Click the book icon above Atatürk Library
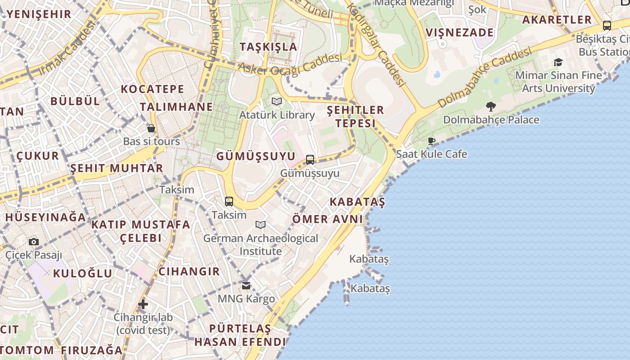[276, 102]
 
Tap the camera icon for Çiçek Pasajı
[34, 242]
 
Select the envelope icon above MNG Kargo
[246, 286]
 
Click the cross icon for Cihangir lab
[143, 304]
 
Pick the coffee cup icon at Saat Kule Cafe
[431, 141]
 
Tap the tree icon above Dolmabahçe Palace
[491, 107]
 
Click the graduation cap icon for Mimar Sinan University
[558, 63]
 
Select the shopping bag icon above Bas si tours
[151, 129]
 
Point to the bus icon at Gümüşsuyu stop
[310, 160]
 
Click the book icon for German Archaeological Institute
[260, 225]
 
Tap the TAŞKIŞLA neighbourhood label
[268, 47]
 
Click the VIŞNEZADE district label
[460, 33]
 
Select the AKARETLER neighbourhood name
[557, 20]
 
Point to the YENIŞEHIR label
[40, 14]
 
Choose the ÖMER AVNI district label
[328, 219]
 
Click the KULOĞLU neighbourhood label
[83, 274]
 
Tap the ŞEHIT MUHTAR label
[117, 169]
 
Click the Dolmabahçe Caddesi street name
[484, 79]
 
